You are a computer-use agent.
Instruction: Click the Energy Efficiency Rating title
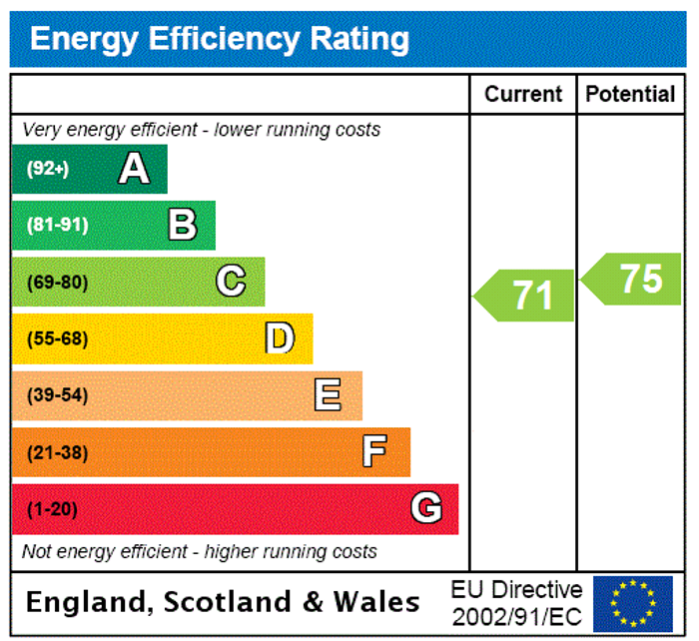pos(220,39)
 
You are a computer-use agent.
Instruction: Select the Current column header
pos(523,94)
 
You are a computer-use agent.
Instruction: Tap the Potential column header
pos(630,94)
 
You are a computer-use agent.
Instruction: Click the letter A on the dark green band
pos(134,169)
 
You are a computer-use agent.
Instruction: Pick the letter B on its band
pos(182,225)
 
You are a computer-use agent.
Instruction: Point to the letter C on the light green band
pos(231,282)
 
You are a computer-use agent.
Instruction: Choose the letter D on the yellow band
pos(280,338)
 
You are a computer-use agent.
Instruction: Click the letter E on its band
pos(328,395)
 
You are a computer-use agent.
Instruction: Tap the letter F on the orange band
pos(374,452)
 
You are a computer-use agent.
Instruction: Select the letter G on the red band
pos(426,509)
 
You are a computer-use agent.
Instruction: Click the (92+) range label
pos(48,169)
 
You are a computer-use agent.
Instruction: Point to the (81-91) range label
pos(57,225)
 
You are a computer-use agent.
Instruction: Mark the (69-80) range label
pos(57,282)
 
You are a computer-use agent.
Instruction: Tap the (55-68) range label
pos(57,338)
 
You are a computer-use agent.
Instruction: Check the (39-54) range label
pos(57,395)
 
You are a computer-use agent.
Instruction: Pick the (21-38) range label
pos(57,452)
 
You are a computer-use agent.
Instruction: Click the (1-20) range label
pos(52,509)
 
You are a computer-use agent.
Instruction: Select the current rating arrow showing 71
pos(526,296)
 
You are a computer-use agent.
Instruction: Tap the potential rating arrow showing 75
pos(633,279)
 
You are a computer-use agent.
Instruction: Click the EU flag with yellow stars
pos(632,602)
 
